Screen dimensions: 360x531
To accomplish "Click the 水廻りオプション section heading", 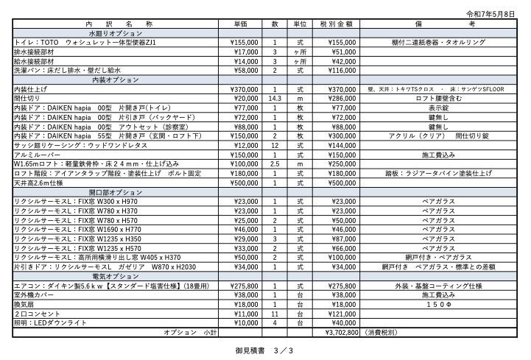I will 115,34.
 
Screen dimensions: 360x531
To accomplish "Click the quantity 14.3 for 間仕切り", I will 275,98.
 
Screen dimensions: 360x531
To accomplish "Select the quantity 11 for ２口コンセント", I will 275,314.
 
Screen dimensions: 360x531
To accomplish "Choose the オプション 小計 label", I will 190,332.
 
